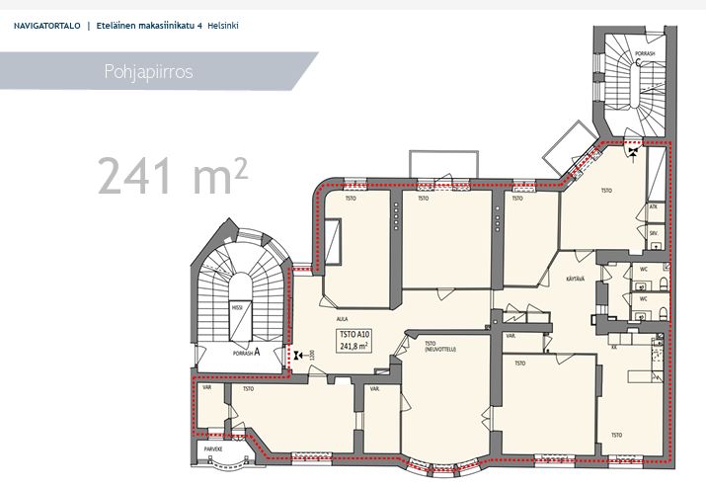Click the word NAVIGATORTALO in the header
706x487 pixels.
47,24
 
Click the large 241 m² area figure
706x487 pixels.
172,175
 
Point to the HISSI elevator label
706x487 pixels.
237,308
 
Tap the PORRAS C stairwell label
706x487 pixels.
641,61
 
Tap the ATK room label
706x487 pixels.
654,206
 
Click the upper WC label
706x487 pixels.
643,267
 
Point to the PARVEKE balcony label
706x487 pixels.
213,447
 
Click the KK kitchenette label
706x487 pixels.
613,348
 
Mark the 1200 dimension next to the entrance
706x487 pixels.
311,354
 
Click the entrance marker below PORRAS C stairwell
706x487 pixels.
632,151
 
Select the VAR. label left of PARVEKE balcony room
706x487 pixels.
207,387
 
